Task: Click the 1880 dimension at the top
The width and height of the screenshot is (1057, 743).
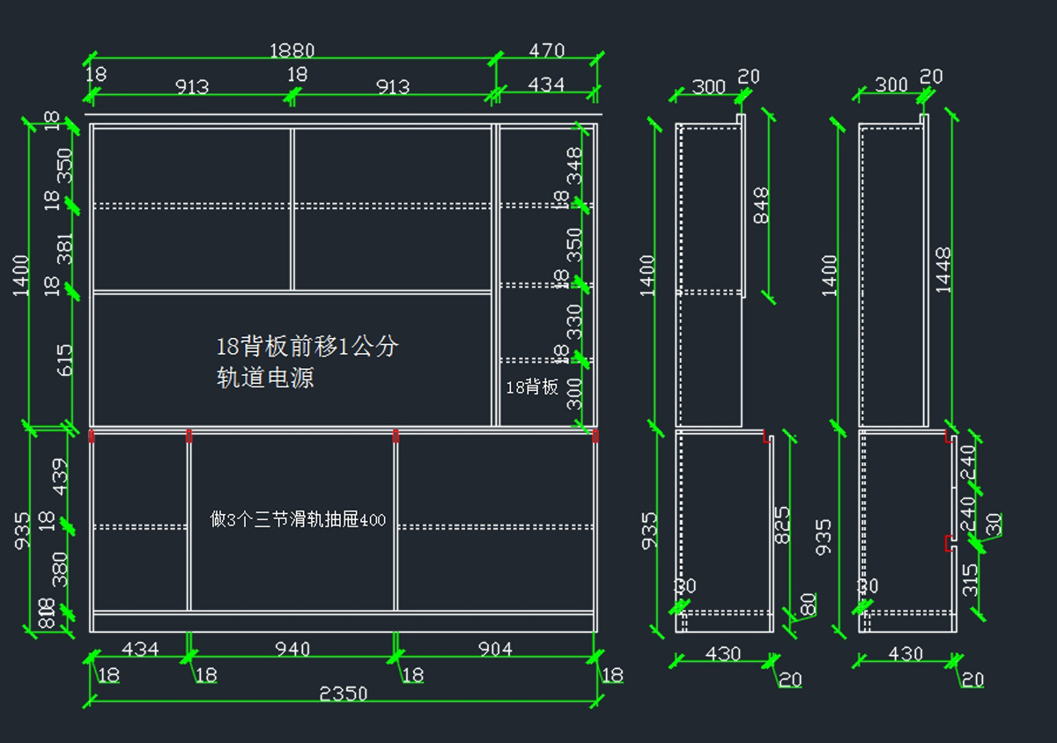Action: (292, 51)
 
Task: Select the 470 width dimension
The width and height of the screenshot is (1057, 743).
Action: (546, 51)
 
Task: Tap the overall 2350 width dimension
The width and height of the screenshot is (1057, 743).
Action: (344, 694)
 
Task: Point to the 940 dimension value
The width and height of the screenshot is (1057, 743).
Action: (292, 650)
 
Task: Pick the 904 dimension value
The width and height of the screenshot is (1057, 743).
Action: (495, 649)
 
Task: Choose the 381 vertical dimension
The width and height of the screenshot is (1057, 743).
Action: (63, 248)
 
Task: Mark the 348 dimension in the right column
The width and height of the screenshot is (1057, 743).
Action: (574, 165)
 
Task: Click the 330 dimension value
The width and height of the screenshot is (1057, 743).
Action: (574, 321)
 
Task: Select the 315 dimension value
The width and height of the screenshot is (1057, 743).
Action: (970, 579)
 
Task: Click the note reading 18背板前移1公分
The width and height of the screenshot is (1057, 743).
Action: (307, 346)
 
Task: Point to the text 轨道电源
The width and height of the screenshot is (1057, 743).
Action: (265, 379)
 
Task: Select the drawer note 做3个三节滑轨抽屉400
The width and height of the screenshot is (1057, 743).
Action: (298, 519)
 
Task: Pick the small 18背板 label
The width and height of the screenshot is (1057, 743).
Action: (532, 386)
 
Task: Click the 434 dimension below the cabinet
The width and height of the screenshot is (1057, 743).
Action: (139, 650)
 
